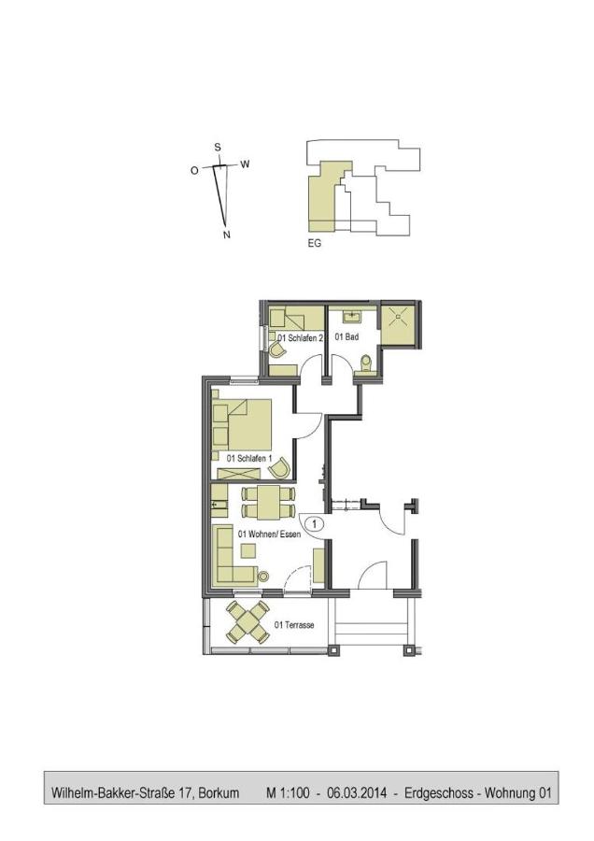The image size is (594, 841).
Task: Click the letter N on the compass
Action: (x=226, y=235)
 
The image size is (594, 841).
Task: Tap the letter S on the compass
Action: (x=218, y=147)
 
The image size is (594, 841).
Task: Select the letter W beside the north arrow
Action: (x=245, y=164)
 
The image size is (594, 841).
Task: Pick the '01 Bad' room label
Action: (x=346, y=336)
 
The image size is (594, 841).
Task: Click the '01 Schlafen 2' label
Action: (x=300, y=337)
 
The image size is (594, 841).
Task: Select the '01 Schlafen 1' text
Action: (x=248, y=459)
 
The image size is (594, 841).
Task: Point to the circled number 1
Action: (x=315, y=524)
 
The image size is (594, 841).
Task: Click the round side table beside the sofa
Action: (x=263, y=576)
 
